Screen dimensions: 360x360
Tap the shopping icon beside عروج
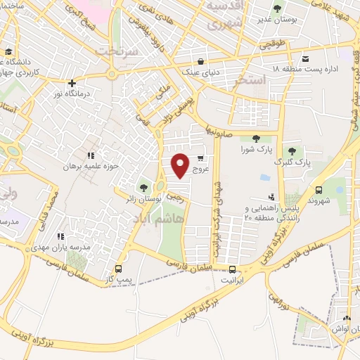(202, 159)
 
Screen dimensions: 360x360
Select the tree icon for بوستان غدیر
(276, 8)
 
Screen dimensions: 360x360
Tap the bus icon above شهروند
(319, 189)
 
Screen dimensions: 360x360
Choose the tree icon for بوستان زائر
(143, 187)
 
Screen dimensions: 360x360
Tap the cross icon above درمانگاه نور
(72, 83)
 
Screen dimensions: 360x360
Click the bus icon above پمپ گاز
(118, 268)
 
